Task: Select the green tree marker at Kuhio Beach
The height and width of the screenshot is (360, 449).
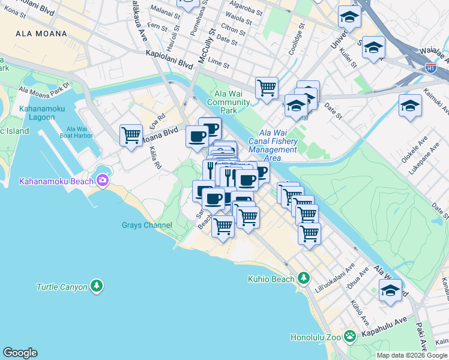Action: pos(304,278)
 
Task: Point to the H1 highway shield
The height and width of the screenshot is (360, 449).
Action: pos(431,68)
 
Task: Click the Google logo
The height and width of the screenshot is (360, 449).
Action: pos(20,353)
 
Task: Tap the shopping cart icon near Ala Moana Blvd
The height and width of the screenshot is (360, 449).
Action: pos(131,134)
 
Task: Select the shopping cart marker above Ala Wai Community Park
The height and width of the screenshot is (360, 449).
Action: pos(267,88)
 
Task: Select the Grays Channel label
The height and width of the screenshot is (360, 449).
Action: pos(147,226)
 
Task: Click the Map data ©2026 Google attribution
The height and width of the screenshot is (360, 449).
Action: pos(412,355)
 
